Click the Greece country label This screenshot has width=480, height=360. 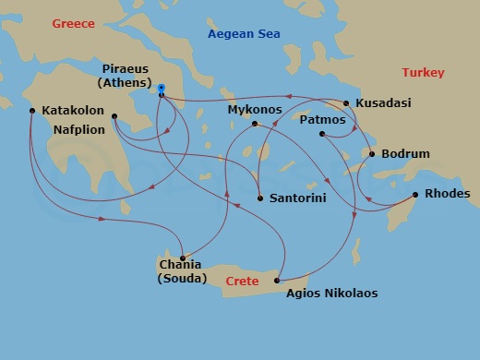75,23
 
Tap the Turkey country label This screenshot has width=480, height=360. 423,72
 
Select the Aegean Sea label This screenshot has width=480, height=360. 245,34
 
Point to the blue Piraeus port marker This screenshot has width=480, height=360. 162,94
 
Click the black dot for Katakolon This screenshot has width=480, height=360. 32,112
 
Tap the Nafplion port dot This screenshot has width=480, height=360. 114,116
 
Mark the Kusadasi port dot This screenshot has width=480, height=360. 346,103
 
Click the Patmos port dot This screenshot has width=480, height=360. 322,135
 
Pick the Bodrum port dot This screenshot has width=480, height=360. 372,153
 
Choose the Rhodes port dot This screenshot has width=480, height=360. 415,194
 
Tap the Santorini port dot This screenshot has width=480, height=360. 261,198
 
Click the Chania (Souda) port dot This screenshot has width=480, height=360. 183,258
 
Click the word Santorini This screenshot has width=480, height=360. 297,198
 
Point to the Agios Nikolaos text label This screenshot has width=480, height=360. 331,294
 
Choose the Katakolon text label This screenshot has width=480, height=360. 73,110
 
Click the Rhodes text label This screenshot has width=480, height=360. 448,194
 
